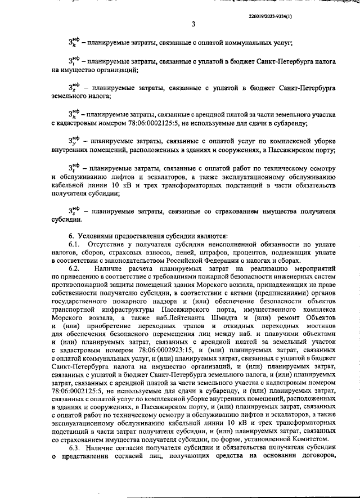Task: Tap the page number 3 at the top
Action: click(193, 24)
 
